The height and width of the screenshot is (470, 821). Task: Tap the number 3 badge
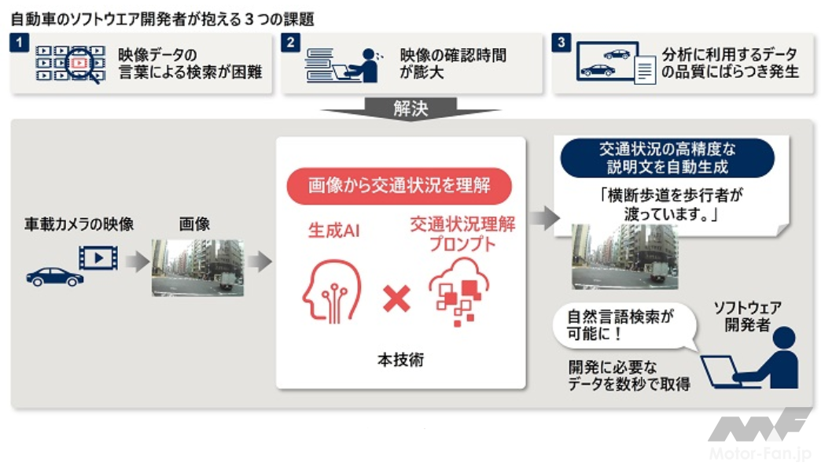pyautogui.click(x=561, y=43)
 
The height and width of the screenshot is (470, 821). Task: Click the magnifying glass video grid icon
pyautogui.click(x=70, y=64)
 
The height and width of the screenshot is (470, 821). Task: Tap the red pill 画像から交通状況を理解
pyautogui.click(x=399, y=186)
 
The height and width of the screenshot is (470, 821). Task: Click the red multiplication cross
pyautogui.click(x=396, y=298)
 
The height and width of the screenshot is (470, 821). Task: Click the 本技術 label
pyautogui.click(x=400, y=361)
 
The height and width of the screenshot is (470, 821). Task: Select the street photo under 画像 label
pyautogui.click(x=197, y=268)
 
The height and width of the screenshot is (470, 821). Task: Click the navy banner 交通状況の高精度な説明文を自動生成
pyautogui.click(x=667, y=157)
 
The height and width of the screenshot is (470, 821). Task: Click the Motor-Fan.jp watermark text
pyautogui.click(x=760, y=454)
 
